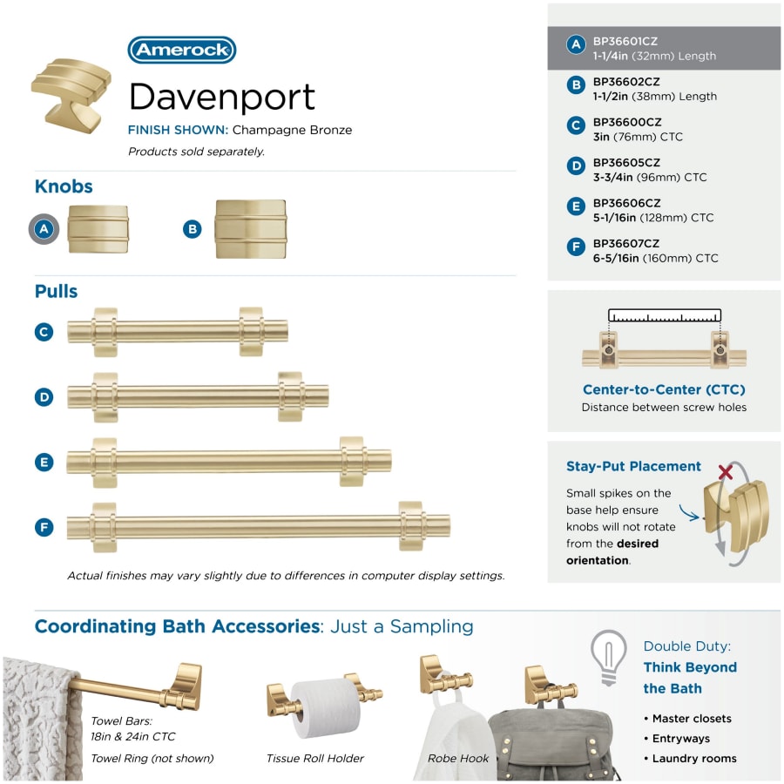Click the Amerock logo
point(181,50)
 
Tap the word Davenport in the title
point(222,97)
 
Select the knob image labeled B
point(251,229)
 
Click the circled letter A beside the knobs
point(44,229)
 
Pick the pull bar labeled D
point(198,397)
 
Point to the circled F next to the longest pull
point(44,527)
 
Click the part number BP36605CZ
point(626,163)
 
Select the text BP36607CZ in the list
point(626,244)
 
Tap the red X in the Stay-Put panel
point(726,472)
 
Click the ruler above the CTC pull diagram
point(665,315)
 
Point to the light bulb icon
point(609,657)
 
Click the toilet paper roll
point(326,707)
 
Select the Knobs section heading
point(64,186)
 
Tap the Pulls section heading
point(56,291)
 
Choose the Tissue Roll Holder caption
point(315,759)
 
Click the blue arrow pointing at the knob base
point(690,513)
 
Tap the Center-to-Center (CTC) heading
point(664,389)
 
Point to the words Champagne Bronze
point(292,130)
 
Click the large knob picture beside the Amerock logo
point(71,96)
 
